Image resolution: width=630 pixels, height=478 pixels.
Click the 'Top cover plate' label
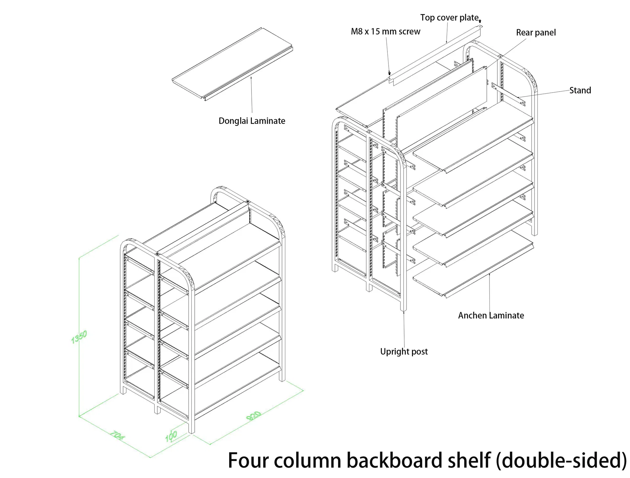coord(449,18)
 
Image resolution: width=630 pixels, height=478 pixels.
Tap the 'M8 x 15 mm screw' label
coord(385,32)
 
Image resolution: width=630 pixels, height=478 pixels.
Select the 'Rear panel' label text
coord(536,33)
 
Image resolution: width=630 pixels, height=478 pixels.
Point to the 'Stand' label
coord(580,90)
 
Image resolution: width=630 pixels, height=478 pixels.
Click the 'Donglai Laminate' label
coord(252,121)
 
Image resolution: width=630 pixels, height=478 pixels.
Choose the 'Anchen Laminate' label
coord(491,315)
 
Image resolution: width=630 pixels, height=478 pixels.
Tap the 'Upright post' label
coord(404,352)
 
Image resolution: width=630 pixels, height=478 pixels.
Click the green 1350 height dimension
coord(79,337)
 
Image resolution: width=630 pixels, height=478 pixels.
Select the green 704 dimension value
coord(117,435)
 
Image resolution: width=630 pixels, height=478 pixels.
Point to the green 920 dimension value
coord(253,416)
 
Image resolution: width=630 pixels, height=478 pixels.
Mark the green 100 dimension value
coord(171,436)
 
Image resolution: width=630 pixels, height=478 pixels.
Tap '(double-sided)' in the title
coord(561,461)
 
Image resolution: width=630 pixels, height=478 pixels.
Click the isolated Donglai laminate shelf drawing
coord(232,64)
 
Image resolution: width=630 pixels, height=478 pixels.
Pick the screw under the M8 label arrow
coord(389,73)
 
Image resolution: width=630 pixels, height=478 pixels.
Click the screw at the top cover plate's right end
coord(480,21)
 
